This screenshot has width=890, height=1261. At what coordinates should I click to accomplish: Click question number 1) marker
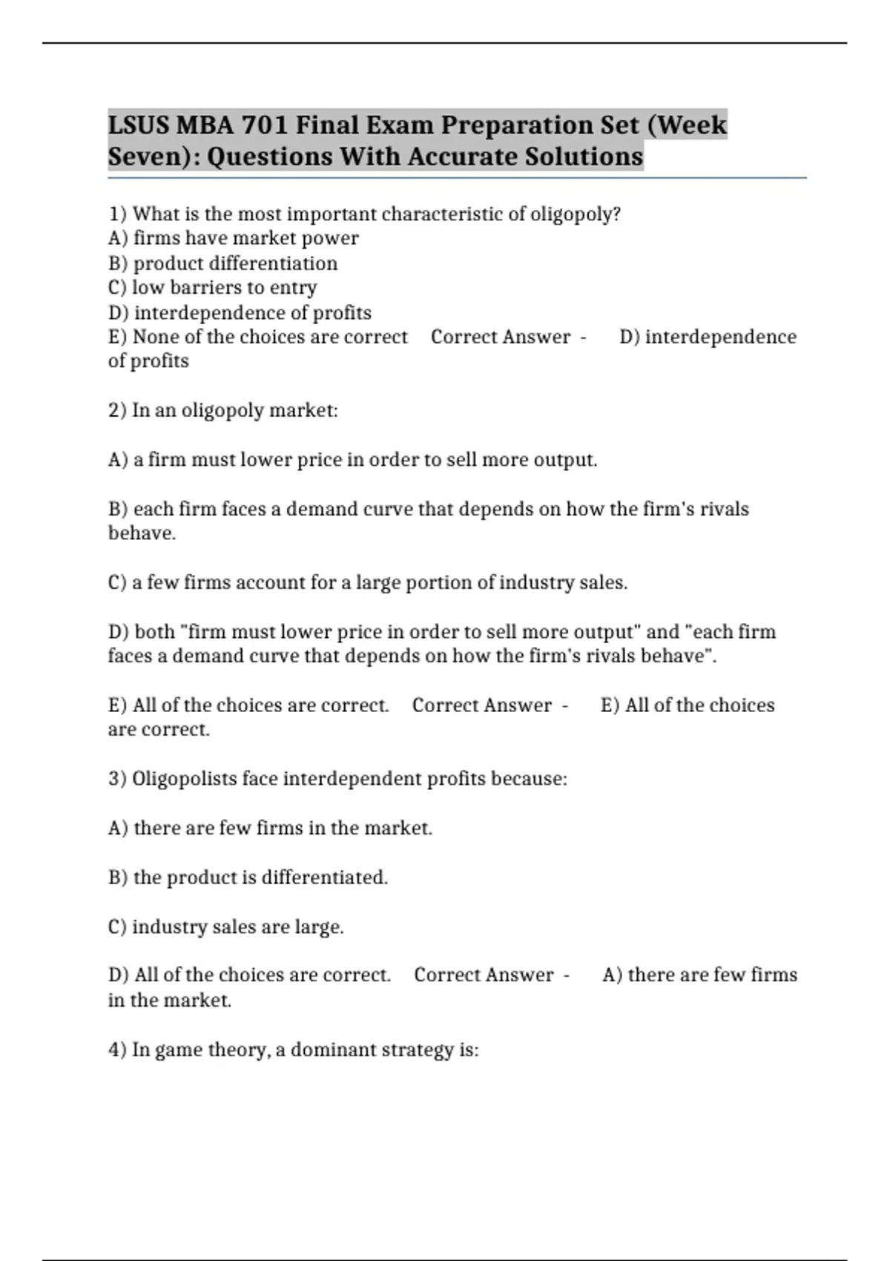click(x=118, y=214)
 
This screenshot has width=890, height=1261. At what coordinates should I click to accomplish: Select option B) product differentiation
click(x=222, y=263)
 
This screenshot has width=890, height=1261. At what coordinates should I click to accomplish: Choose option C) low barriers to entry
click(x=212, y=288)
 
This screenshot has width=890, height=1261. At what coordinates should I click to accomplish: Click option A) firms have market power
click(x=233, y=239)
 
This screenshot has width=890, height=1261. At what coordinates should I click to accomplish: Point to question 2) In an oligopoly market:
click(x=222, y=410)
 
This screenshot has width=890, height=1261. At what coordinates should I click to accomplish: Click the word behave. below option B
click(x=142, y=533)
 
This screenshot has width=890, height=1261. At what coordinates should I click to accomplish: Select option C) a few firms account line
click(x=367, y=583)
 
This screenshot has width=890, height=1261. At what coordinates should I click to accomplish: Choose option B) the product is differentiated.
click(x=248, y=878)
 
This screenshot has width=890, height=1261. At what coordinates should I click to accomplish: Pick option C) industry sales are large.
click(x=225, y=927)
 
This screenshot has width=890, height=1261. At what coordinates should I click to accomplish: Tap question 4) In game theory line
click(x=293, y=1050)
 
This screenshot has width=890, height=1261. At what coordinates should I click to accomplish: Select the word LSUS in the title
click(x=139, y=125)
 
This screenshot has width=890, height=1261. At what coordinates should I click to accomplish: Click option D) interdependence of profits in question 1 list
click(x=240, y=313)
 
